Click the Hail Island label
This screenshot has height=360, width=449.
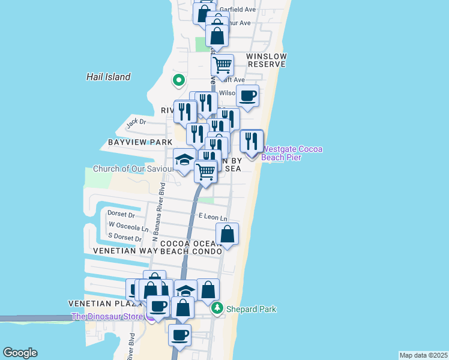click(x=108, y=77)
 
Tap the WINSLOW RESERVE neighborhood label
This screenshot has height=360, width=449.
click(x=267, y=60)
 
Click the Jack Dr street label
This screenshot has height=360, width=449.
click(x=136, y=122)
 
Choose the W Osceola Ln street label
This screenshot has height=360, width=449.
click(x=128, y=227)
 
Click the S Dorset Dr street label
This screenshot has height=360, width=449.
click(x=125, y=238)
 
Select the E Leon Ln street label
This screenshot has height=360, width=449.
click(x=213, y=216)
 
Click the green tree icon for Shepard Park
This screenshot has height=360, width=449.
click(x=220, y=309)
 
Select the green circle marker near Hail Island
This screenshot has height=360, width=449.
click(x=178, y=79)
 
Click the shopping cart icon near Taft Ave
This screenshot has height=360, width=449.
click(x=222, y=63)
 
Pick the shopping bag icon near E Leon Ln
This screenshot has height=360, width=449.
click(x=228, y=233)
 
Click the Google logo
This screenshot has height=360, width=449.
click(x=20, y=353)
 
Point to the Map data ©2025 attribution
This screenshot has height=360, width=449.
click(x=424, y=355)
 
